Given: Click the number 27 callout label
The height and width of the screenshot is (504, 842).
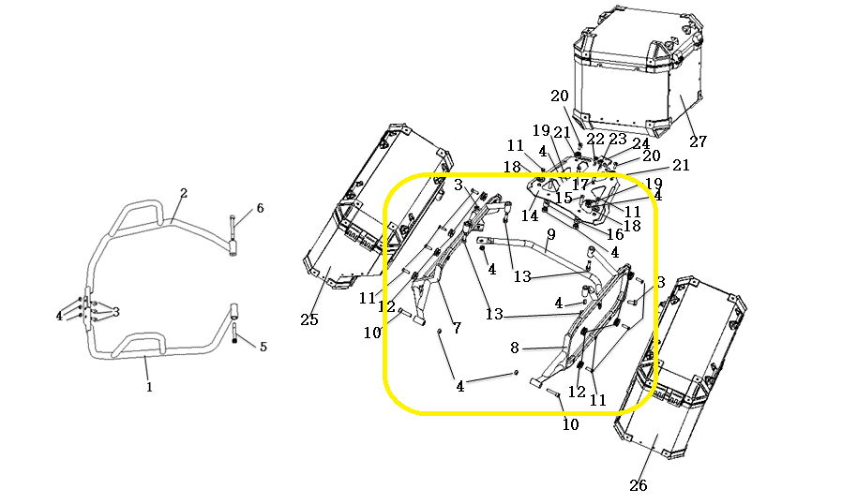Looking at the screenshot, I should coord(698,141).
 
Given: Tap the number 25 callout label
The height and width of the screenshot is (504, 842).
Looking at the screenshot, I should coord(309,319).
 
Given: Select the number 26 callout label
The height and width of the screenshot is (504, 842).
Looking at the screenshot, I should coord(639,485).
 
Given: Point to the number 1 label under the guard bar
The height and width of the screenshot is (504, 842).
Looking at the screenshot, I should coord(149,386).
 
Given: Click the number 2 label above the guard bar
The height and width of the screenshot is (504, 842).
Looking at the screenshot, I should coord(184,193).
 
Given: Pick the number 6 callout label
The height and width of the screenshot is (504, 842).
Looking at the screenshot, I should coord(260,208).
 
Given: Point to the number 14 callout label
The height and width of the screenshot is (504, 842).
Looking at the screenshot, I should coord(531,215).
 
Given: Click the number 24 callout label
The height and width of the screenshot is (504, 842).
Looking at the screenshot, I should coord(640,144).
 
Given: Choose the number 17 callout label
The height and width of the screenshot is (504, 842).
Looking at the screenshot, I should coord(580,185).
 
